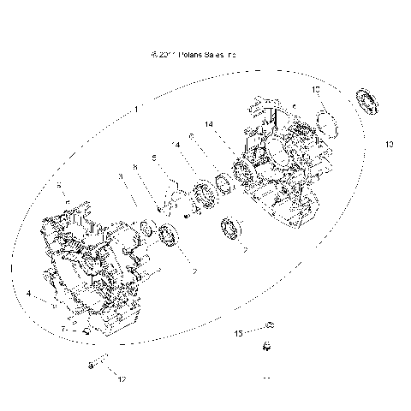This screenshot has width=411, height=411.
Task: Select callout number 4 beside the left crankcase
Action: [29, 294]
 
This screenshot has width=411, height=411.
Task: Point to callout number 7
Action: [63, 329]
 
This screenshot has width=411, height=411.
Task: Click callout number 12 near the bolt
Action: [122, 378]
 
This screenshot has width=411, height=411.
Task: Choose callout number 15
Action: [239, 332]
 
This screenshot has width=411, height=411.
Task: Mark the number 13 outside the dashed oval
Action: [389, 145]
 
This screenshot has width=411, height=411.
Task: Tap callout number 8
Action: [135, 167]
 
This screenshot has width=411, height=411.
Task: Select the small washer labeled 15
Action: [268, 325]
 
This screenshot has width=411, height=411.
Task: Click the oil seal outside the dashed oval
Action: [369, 99]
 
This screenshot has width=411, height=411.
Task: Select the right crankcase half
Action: [287, 163]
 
